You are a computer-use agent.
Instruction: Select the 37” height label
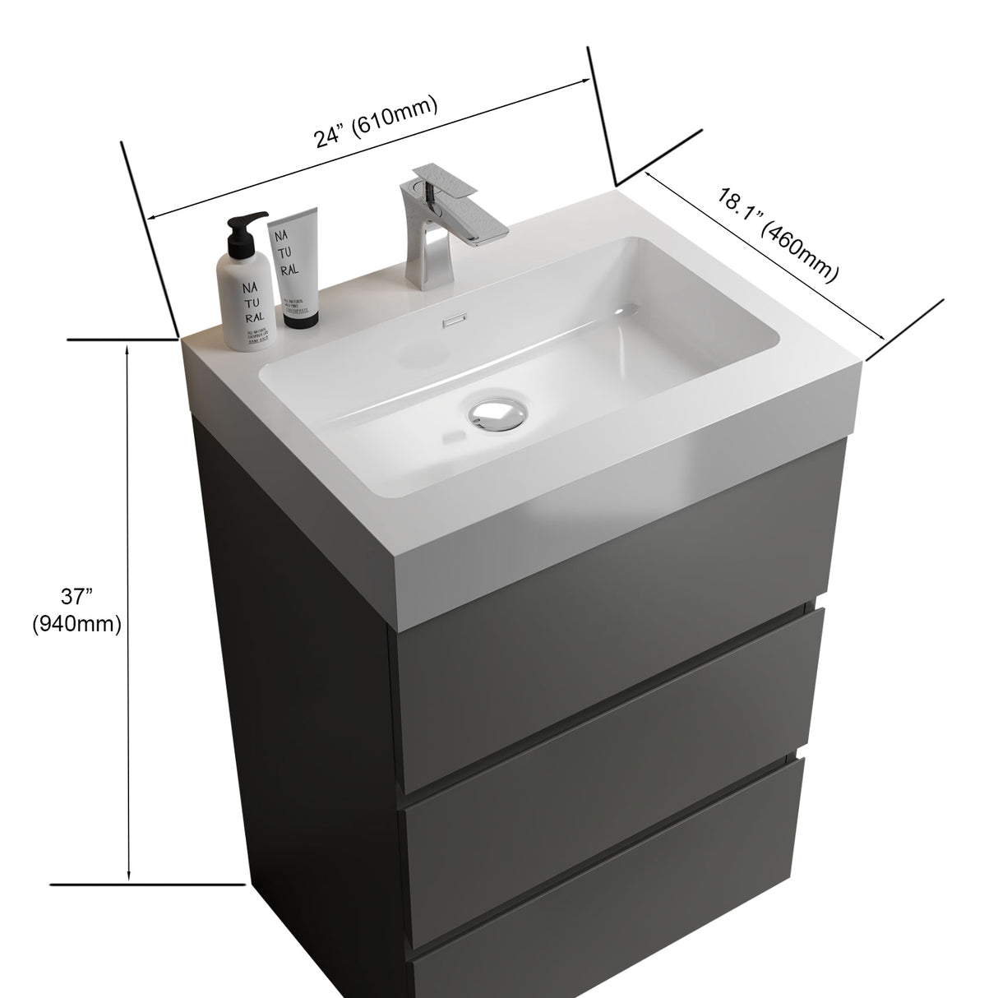(76, 594)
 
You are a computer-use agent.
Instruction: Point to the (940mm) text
(76, 625)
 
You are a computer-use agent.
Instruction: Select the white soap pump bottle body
(244, 300)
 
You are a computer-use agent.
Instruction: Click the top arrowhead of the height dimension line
(127, 349)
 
